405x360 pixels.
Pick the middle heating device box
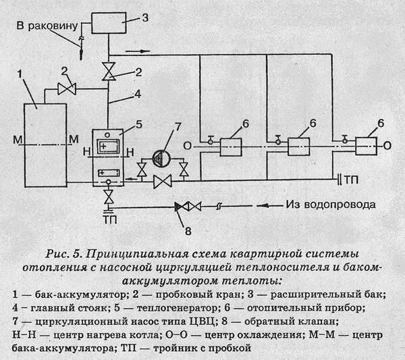[x=298, y=146]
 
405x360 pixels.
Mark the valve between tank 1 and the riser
[x=65, y=88]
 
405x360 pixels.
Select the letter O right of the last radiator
[x=387, y=146]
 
